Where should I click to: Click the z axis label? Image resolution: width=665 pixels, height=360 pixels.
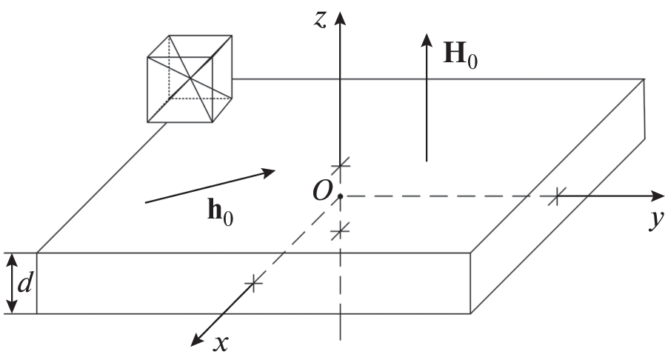coord(320,20)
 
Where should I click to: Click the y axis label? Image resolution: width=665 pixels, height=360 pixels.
coord(657,219)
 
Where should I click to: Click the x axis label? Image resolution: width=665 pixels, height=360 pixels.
coord(221,343)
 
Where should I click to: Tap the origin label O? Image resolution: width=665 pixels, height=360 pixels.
coord(322,191)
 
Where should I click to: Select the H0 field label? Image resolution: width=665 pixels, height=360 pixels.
coord(460,54)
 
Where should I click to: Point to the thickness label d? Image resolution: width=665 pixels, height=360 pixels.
coord(24,282)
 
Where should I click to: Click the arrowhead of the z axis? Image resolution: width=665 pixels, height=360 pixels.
coord(339,19)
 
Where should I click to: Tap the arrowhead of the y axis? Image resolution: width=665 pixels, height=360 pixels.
coord(657,196)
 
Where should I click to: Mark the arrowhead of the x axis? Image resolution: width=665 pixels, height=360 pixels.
coord(197,340)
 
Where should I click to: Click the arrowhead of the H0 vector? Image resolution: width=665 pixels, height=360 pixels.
coord(427,40)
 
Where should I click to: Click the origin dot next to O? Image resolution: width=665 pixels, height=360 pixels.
coord(340,196)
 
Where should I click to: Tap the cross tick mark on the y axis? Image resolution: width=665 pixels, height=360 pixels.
coord(556,197)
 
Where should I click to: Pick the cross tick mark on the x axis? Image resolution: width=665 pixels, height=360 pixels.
coord(253,283)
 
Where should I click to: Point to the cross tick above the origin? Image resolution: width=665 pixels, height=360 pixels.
coord(340,164)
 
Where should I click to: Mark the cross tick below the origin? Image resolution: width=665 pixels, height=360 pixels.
coord(340,231)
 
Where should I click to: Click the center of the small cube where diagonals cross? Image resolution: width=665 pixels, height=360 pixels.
coord(190,79)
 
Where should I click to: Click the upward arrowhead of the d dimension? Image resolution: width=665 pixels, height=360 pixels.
coord(13,259)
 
